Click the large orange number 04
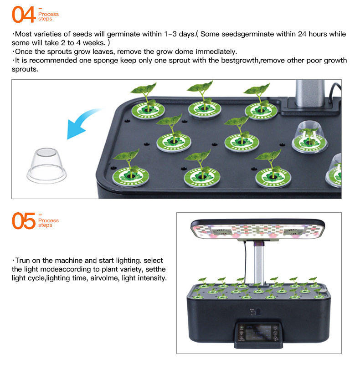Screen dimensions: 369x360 pos(23,15)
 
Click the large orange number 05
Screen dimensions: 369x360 pos(23,221)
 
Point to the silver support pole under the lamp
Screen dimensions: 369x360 pos(258,260)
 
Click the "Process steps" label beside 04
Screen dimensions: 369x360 pos(48,16)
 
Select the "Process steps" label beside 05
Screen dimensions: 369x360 pos(48,222)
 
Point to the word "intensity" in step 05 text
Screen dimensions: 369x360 pos(151,278)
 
